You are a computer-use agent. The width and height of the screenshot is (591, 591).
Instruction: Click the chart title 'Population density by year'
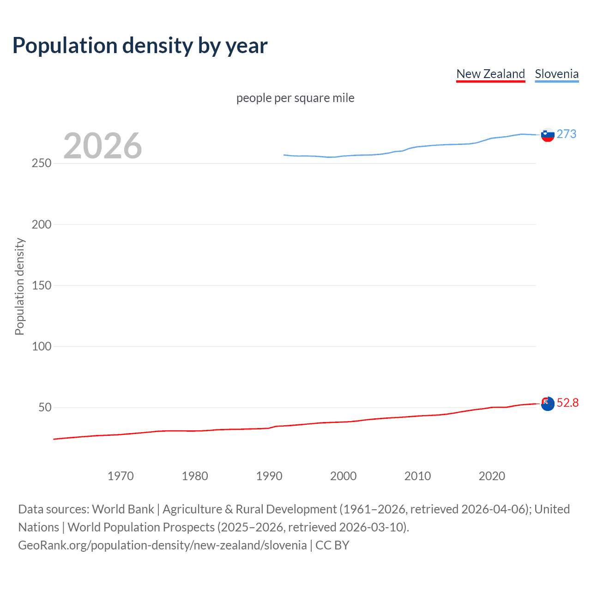140,46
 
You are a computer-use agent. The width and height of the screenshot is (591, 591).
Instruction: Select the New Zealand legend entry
490,74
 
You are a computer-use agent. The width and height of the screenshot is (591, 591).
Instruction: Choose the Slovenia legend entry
556,74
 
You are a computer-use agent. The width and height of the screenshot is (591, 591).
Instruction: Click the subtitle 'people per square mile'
295,98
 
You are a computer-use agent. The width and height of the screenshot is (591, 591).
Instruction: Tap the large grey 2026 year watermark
103,146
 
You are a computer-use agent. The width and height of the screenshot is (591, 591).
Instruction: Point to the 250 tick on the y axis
42,163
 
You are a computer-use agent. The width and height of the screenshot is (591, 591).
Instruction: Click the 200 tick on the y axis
42,224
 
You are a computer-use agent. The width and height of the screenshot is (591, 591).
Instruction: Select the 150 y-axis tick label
42,285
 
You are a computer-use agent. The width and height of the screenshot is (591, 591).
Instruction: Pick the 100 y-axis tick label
42,346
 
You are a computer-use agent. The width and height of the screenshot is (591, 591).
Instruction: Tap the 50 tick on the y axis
45,407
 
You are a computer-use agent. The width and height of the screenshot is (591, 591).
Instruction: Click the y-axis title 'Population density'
19,286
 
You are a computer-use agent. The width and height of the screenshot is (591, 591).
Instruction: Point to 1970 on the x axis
121,476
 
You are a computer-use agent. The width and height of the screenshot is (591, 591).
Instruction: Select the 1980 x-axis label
195,476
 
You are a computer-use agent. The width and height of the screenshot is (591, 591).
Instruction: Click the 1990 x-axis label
269,476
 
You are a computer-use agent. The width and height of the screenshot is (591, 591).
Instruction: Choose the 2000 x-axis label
344,476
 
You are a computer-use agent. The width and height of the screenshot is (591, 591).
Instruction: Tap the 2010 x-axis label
418,476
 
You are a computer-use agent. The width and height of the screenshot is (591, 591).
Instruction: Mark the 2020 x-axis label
492,476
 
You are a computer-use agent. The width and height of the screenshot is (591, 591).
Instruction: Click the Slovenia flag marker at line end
548,135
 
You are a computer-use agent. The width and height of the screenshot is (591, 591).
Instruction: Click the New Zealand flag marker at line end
548,404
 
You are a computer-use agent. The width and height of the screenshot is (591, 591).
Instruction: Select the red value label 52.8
567,403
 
